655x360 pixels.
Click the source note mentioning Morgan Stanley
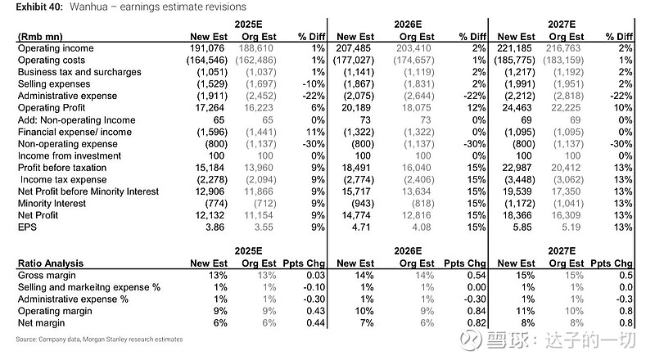(99, 339)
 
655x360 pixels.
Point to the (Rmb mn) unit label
(38, 36)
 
